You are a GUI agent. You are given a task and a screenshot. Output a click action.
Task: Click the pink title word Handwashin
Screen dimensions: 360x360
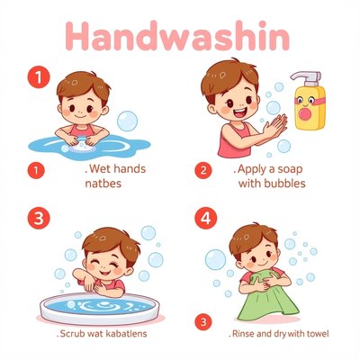tap(177, 36)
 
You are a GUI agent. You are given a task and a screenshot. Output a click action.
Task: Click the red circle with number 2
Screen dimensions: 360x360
tap(203, 170)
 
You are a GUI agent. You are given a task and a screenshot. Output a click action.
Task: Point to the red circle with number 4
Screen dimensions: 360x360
tap(205, 219)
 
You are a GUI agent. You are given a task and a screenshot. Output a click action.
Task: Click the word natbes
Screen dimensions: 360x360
tap(103, 183)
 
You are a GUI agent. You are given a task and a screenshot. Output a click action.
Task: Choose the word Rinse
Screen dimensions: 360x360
tap(244, 333)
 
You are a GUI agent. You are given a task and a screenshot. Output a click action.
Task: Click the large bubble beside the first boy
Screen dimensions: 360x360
tap(127, 121)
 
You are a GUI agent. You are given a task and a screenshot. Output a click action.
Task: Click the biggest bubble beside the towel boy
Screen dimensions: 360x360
tap(215, 259)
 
